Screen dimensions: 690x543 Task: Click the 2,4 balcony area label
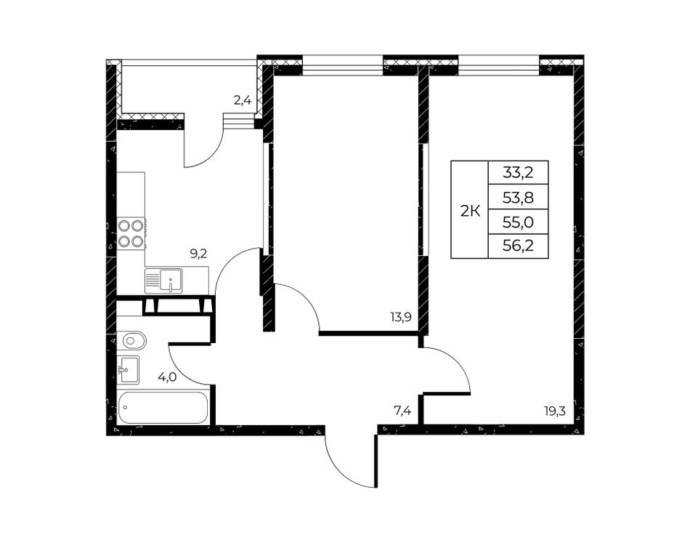[x=242, y=101]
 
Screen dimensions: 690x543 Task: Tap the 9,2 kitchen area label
[x=198, y=254]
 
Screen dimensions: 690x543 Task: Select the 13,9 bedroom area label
[x=400, y=317]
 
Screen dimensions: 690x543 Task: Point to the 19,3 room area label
[x=554, y=411]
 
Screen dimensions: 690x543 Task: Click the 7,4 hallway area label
[x=402, y=411]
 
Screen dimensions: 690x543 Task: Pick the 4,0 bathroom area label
[x=167, y=377]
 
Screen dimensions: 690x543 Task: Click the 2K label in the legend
[x=469, y=212]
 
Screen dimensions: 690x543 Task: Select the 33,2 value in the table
[x=518, y=172]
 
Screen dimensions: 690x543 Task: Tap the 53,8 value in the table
[x=518, y=198]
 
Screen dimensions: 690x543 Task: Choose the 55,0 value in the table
[x=518, y=222]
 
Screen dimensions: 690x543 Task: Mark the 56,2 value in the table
[x=518, y=246]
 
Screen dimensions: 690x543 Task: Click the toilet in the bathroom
[x=131, y=340]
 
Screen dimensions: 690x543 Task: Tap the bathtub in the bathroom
[x=163, y=407]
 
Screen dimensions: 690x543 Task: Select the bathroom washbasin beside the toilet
[x=128, y=369]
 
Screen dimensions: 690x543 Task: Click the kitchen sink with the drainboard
[x=163, y=281]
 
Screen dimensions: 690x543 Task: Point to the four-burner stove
[x=131, y=233]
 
